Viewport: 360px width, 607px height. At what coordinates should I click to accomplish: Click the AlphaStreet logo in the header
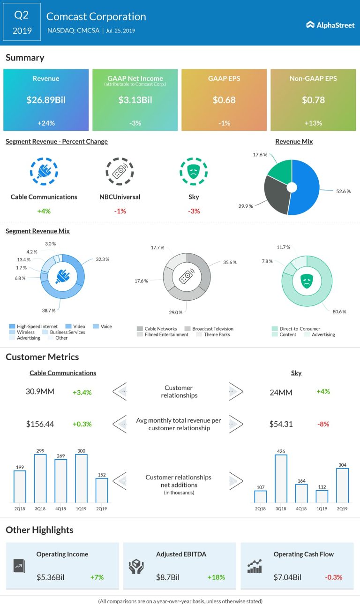click(x=330, y=25)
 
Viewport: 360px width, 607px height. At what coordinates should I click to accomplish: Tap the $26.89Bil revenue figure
click(x=46, y=100)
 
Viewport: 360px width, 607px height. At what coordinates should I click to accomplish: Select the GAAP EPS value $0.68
click(x=224, y=100)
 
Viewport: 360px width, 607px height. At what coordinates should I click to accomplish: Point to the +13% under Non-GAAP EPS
click(x=313, y=123)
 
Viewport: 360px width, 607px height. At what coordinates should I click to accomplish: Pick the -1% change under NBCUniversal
click(x=120, y=211)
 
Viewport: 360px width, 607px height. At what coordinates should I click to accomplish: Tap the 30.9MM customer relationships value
click(x=40, y=391)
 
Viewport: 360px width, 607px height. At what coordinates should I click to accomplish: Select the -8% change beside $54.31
click(x=323, y=424)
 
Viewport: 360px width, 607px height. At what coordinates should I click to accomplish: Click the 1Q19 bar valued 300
click(x=82, y=478)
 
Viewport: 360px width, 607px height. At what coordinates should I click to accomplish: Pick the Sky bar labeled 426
click(x=281, y=479)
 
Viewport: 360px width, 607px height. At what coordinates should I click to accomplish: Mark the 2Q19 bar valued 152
click(x=102, y=490)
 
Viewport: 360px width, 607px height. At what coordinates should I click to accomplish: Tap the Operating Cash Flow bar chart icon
click(x=255, y=567)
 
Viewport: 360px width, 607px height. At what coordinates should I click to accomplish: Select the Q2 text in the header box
click(x=22, y=15)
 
